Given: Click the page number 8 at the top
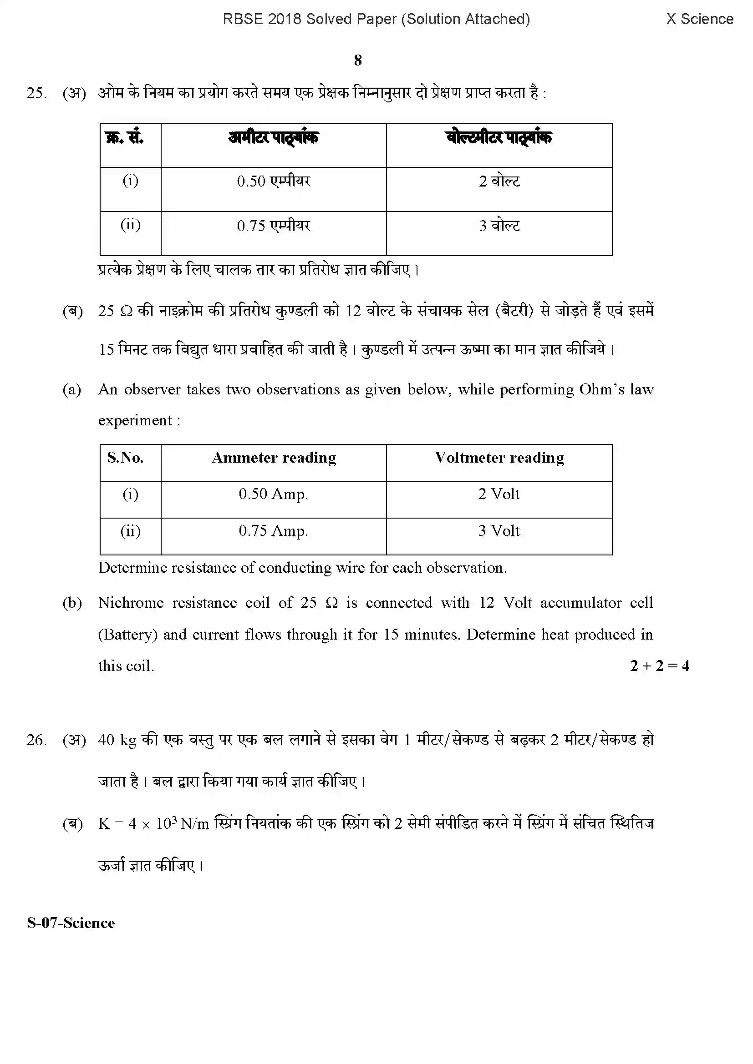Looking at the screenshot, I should coord(357,60).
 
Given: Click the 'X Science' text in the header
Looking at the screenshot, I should coord(699,19).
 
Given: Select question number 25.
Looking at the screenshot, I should coord(36,93).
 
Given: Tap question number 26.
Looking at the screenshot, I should coord(36,740).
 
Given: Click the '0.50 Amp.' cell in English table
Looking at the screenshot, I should coord(273,494).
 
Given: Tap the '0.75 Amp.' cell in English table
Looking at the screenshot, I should coord(273,530).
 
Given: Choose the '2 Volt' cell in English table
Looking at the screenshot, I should coord(499,494).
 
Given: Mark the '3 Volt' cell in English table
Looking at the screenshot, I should coord(499,530).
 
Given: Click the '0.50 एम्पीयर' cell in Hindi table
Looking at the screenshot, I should coord(273,181).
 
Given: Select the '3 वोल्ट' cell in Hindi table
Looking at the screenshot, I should coord(499,226).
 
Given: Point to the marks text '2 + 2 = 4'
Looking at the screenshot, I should coord(659,666).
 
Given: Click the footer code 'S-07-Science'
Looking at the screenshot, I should coord(71,923).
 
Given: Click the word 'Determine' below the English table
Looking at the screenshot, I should coord(130,568).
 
